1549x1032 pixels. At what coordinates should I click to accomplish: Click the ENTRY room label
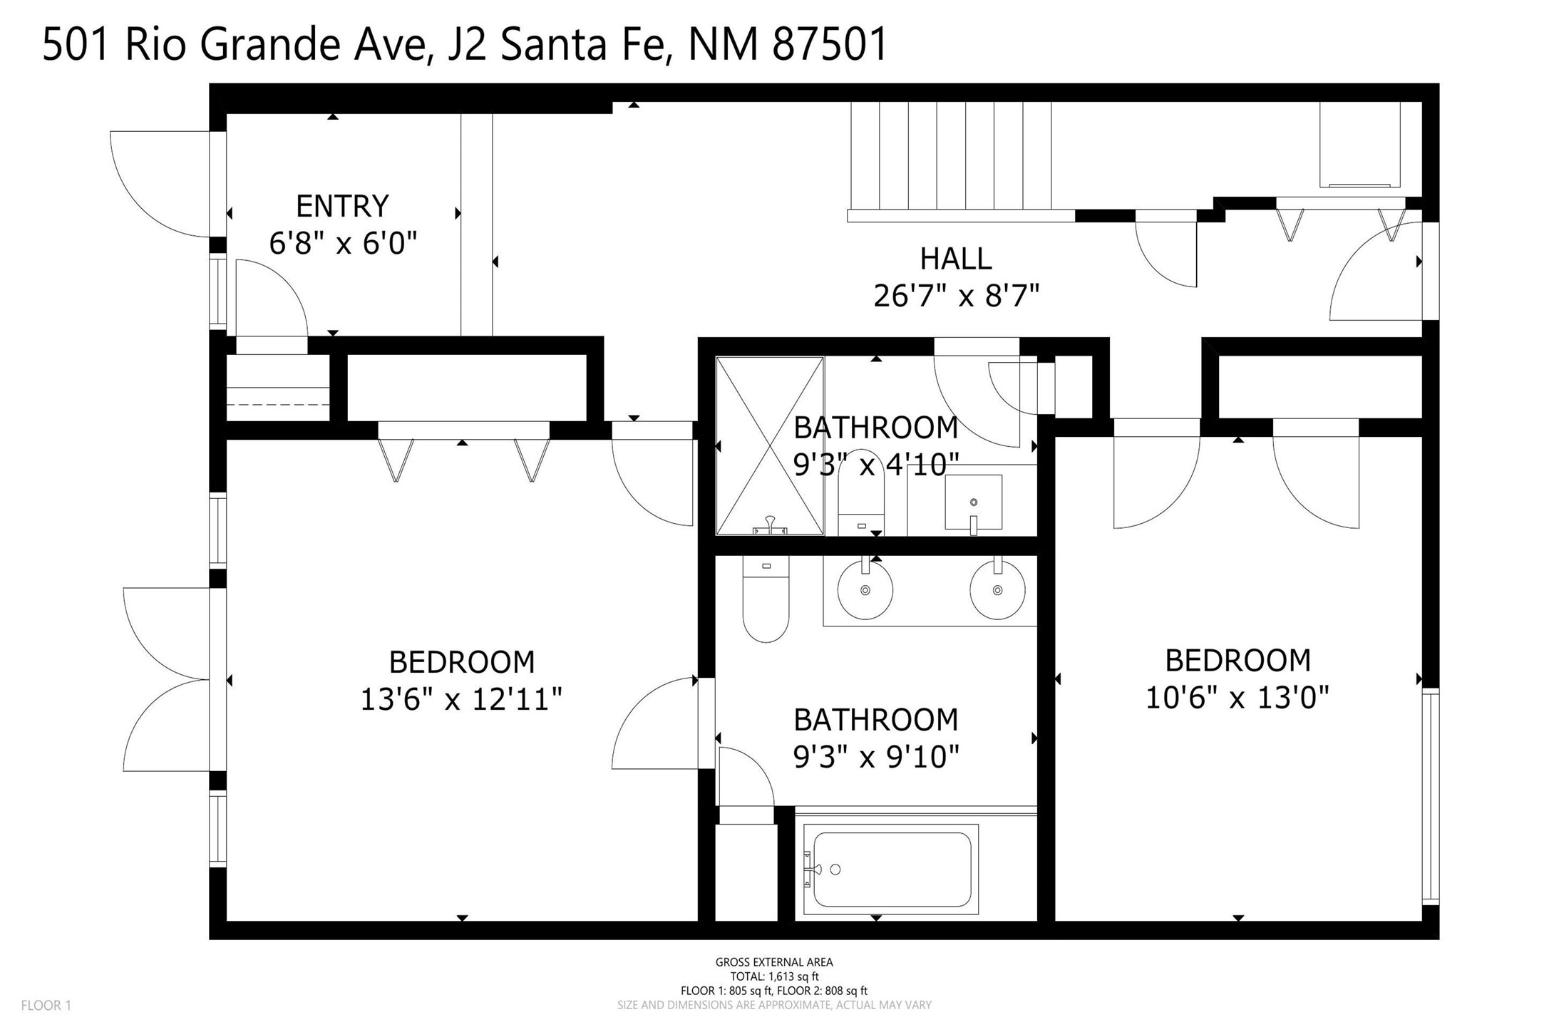342,207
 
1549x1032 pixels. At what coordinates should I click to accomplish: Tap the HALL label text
956,259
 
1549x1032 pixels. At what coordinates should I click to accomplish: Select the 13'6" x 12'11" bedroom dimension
461,699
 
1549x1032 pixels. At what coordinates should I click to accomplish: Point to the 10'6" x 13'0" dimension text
1237,697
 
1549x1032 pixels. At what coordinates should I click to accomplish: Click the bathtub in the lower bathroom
891,869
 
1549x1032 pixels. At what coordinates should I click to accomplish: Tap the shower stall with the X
770,445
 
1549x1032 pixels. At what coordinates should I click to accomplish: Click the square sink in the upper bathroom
973,502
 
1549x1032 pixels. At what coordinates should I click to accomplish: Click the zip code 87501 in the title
830,44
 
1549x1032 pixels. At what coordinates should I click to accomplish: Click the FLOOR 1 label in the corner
46,1006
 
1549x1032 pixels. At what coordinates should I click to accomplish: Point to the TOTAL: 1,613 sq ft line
774,976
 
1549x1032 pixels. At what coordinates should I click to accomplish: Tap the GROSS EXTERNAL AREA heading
774,962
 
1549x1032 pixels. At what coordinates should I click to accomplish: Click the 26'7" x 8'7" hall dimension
956,295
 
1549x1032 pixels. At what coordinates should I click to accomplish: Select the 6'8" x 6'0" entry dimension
342,244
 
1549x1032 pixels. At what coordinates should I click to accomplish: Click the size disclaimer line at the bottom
774,1005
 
